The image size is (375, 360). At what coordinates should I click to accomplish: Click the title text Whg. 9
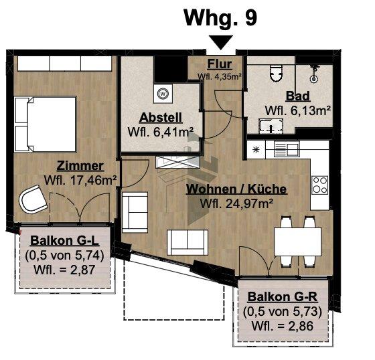pos(220,18)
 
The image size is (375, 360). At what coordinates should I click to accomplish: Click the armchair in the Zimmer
pos(33,199)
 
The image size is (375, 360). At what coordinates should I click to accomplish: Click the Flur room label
pos(219,65)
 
